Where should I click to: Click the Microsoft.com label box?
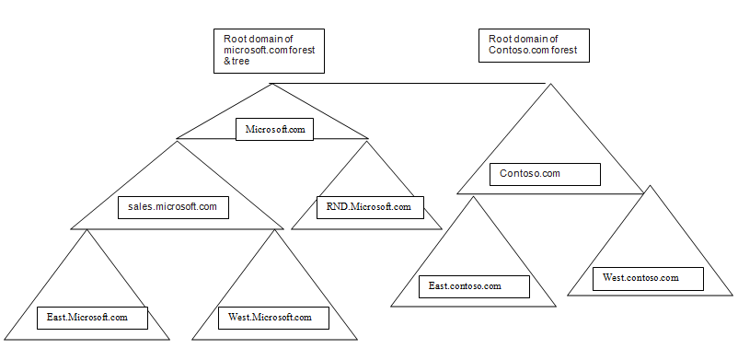274,129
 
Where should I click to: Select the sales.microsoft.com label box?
173,207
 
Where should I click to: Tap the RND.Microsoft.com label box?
370,208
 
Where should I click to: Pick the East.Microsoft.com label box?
87,318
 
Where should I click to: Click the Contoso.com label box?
545,173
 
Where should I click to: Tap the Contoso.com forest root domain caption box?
533,45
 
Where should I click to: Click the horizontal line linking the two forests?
409,84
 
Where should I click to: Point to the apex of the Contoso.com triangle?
551,85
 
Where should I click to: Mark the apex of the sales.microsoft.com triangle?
178,141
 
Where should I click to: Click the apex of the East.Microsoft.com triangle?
87,230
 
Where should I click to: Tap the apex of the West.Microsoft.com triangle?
273,230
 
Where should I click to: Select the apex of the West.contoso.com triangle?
651,186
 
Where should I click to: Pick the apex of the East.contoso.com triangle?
473,196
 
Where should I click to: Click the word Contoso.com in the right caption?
510,52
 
